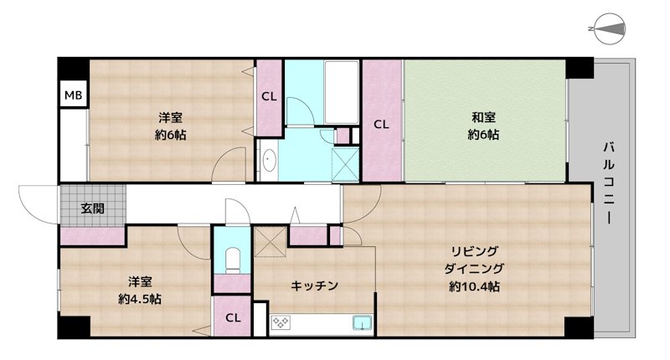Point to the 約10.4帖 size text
(x=474, y=286)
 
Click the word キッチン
(x=315, y=285)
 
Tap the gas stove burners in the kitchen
(x=279, y=324)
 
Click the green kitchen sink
(x=362, y=324)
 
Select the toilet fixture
(x=233, y=260)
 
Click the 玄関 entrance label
(x=92, y=208)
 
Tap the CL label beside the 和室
(x=381, y=125)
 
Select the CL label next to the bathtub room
(x=268, y=96)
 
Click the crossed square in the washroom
(x=345, y=162)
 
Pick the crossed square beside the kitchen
(x=271, y=243)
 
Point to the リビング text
(x=474, y=251)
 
